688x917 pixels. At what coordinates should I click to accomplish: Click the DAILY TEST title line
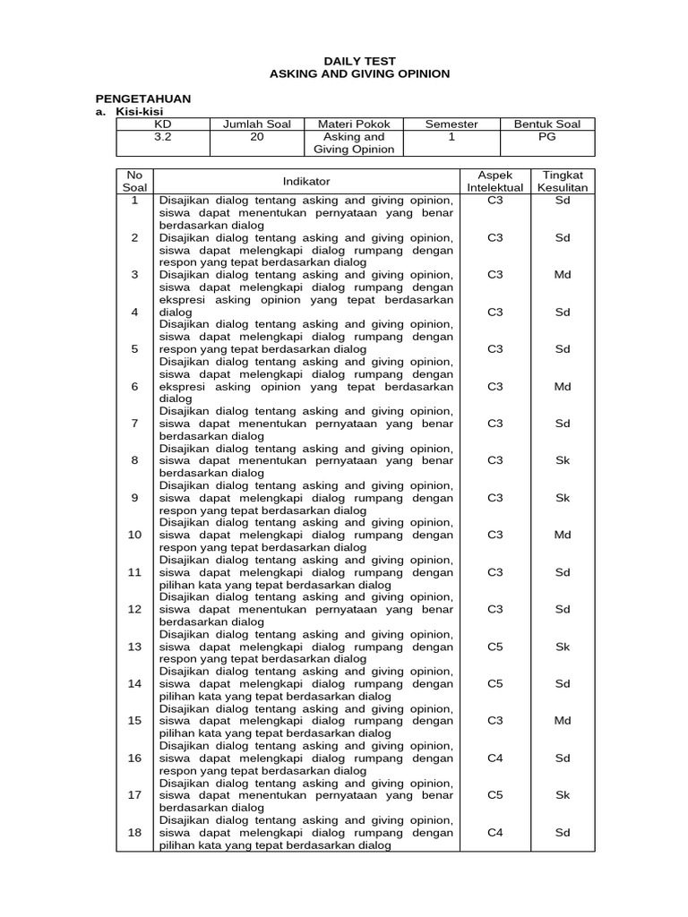359,61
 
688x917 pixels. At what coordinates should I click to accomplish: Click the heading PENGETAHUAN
143,98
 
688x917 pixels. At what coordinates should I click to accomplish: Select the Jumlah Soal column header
257,124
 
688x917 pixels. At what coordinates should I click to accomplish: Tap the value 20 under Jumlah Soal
257,137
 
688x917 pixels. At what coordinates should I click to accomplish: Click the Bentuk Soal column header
546,124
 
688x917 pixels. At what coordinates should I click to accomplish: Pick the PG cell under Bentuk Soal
546,137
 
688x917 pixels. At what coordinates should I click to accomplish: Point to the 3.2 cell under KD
162,137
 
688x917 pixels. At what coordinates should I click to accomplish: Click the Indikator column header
306,181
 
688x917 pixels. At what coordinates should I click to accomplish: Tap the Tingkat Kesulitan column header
563,181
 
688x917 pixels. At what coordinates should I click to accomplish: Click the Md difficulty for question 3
563,275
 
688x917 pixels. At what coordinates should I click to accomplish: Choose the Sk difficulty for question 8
563,460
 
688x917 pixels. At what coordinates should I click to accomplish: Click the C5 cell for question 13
495,646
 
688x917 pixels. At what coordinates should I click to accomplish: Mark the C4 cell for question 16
495,758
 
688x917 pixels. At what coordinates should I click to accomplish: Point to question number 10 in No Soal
134,535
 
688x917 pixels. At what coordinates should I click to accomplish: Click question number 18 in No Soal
134,832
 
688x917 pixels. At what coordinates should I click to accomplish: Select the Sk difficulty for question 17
563,794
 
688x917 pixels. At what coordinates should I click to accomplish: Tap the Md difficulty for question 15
563,720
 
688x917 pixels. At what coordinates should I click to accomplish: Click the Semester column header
451,124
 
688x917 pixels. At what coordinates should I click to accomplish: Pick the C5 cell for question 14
495,683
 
